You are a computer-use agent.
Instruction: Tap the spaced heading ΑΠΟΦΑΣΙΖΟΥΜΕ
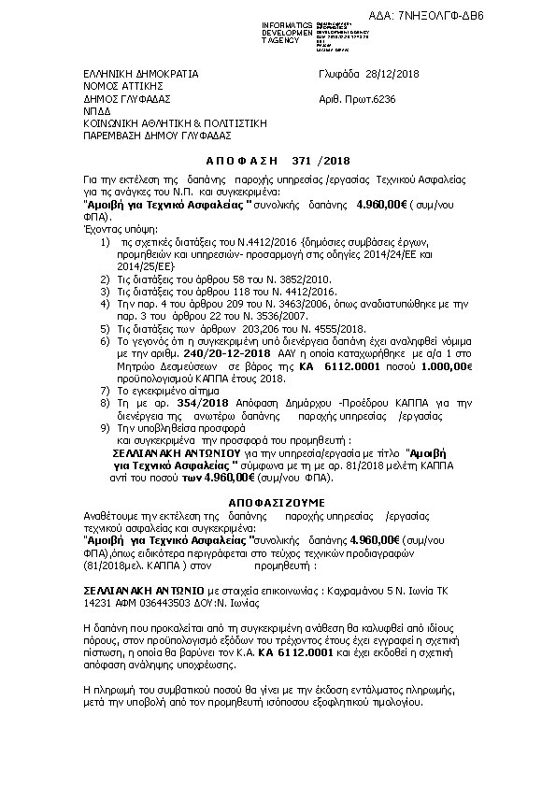coord(276,502)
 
